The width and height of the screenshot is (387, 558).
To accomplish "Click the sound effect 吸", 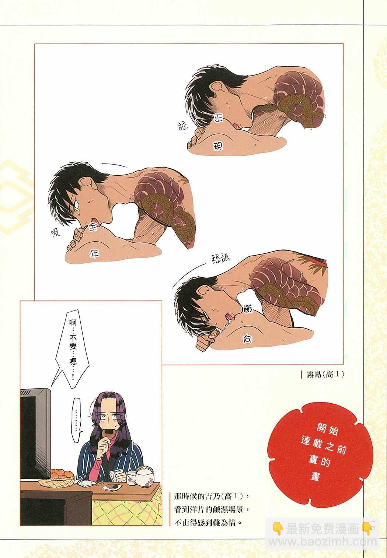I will [x=56, y=232].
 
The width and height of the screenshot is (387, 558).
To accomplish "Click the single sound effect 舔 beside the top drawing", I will [x=182, y=126].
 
